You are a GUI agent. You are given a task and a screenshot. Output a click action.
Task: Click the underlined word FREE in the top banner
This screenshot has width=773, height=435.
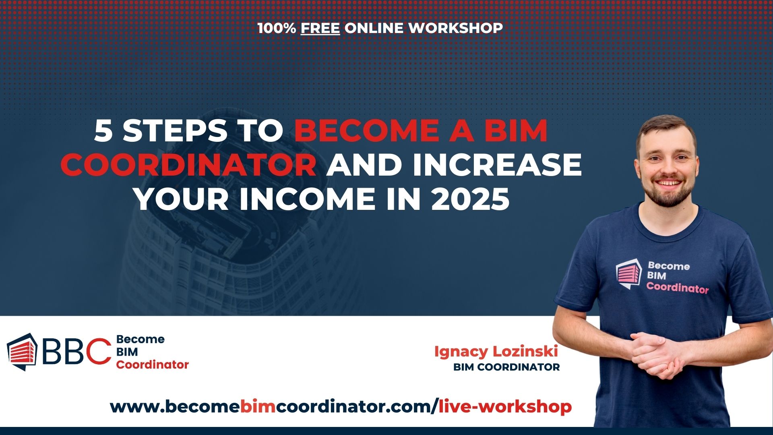(320, 28)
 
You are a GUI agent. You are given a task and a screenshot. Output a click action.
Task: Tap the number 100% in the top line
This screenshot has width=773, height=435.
(277, 28)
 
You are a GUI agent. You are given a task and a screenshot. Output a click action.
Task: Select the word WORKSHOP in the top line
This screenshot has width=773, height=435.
(455, 28)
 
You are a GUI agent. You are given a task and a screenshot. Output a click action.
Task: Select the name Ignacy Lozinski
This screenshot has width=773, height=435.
(496, 352)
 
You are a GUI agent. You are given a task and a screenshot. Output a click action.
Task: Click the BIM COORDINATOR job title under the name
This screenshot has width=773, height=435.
(506, 367)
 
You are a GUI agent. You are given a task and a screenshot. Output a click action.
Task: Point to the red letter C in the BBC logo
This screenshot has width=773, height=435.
(99, 351)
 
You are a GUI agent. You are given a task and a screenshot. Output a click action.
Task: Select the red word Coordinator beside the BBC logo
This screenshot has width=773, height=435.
(153, 365)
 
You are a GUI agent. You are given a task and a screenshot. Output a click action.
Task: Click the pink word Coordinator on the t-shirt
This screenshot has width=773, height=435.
(678, 288)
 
